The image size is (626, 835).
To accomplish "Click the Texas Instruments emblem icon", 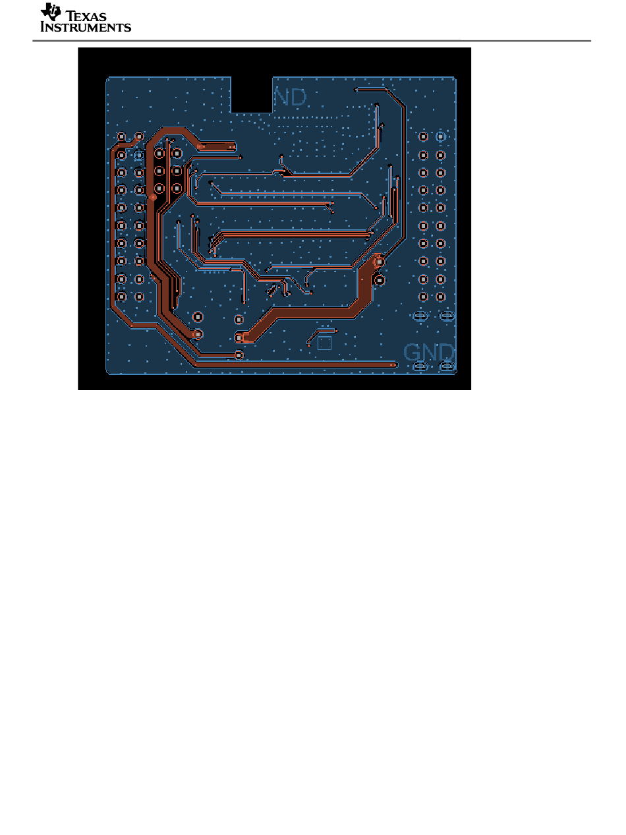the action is tap(49, 12).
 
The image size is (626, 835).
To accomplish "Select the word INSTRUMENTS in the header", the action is tap(86, 27).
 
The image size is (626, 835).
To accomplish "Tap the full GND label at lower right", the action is tap(428, 352).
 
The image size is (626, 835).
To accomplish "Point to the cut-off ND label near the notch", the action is tap(290, 98).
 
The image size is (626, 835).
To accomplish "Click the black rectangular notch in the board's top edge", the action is tap(251, 94).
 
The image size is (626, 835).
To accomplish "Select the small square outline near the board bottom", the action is tap(324, 343).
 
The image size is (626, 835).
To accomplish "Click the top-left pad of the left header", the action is tap(121, 137).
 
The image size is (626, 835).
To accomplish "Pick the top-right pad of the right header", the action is tap(441, 137).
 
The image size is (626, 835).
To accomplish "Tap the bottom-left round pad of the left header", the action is tap(121, 297).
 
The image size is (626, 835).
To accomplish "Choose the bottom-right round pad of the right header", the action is tap(441, 297).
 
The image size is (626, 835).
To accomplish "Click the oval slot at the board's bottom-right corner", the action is tap(447, 366).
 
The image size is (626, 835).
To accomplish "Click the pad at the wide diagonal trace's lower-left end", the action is tap(239, 338).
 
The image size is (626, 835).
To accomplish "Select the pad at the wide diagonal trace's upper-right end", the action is tap(378, 262).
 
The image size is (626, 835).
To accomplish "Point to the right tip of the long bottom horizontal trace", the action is tap(394, 364).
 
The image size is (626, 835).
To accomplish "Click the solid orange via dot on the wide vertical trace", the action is tap(153, 196).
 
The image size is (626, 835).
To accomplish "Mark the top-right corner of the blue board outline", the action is tap(455, 78).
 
